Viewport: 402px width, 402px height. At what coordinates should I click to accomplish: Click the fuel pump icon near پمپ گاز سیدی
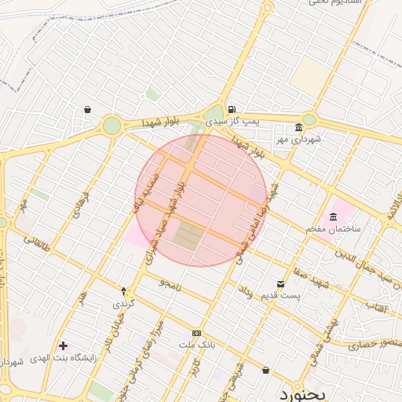(231, 110)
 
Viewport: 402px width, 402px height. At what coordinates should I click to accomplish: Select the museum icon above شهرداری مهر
(298, 128)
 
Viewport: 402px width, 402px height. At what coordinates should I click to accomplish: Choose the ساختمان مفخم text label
(334, 228)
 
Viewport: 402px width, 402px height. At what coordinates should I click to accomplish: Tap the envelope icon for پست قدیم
(280, 284)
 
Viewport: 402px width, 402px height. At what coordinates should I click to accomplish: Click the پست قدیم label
(280, 296)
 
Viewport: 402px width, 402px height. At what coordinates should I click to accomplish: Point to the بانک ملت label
(196, 345)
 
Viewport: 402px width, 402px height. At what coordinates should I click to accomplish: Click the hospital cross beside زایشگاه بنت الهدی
(63, 345)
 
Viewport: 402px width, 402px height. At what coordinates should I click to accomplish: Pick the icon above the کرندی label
(123, 291)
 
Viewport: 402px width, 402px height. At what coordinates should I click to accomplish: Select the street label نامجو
(170, 284)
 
